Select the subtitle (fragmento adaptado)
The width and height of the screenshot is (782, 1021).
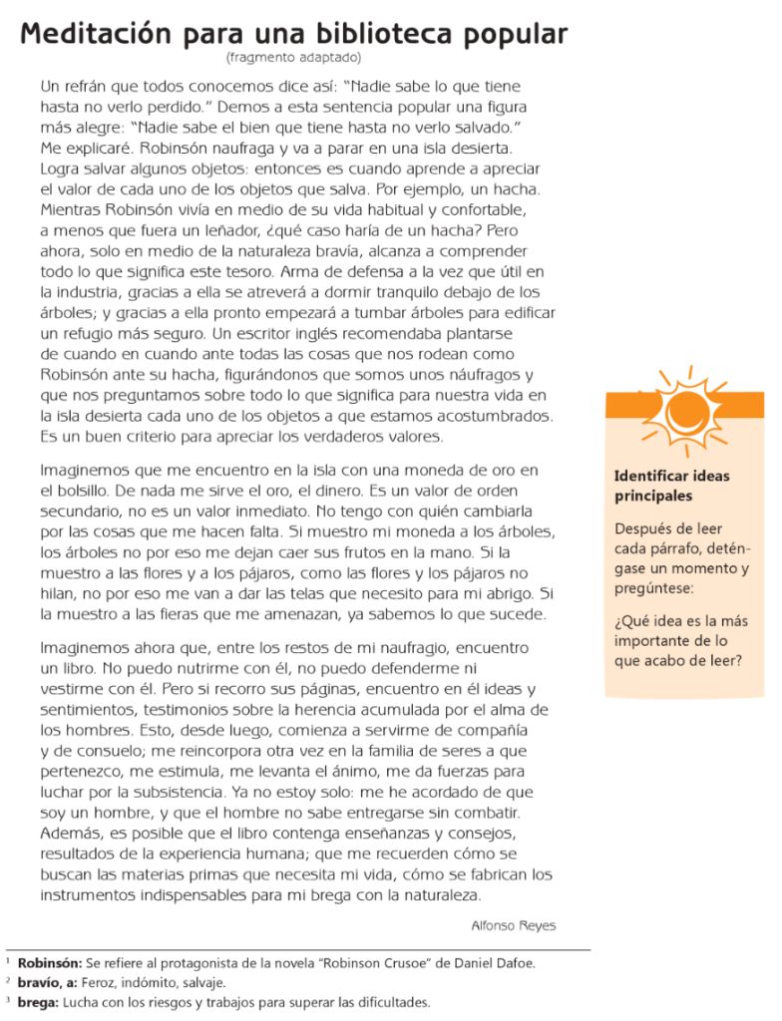point(293,58)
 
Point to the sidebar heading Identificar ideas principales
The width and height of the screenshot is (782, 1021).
point(671,486)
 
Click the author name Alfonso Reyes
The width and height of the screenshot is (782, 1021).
point(513,925)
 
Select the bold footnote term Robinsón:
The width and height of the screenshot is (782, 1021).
point(50,962)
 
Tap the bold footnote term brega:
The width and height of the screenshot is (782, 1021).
point(39,1002)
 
